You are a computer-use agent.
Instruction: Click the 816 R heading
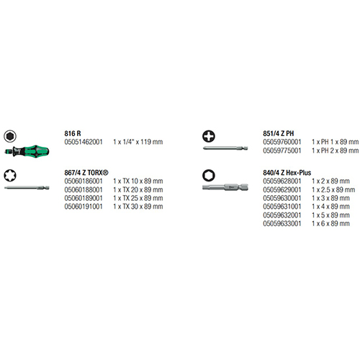73,133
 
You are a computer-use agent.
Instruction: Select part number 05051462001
84,142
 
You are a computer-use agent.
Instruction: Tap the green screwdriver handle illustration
27,151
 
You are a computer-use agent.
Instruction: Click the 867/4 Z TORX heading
86,173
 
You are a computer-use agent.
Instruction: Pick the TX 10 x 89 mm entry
138,181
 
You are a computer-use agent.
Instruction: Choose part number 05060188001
84,189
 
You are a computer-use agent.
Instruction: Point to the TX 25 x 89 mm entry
138,198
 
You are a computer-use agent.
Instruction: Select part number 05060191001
84,207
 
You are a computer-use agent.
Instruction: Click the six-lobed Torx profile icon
10,175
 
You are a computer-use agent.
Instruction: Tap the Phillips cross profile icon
209,136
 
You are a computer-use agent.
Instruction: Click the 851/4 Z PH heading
278,133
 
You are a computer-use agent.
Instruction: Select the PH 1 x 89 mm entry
336,142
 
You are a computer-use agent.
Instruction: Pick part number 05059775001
282,150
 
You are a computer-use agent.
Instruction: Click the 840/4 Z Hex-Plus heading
287,173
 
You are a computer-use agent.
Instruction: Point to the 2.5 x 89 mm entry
333,189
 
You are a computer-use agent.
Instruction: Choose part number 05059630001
282,198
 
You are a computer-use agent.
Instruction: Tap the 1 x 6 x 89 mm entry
330,223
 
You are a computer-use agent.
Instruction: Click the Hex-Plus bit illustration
225,187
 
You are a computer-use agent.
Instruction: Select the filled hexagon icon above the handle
10,136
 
